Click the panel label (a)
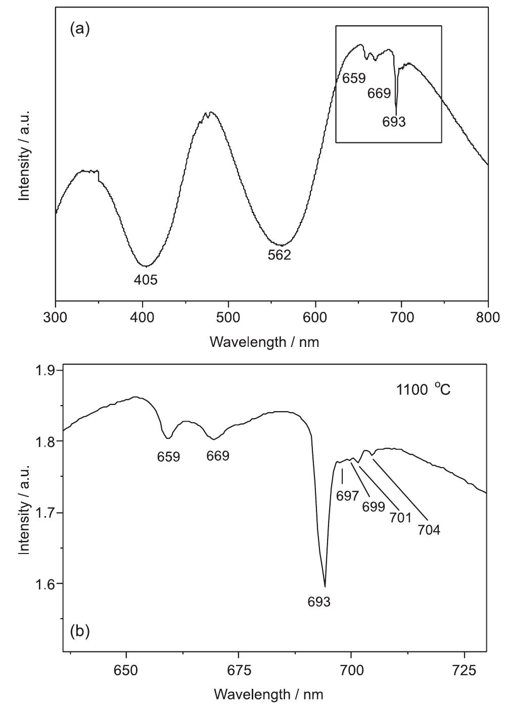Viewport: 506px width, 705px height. point(79,29)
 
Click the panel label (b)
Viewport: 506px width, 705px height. point(79,631)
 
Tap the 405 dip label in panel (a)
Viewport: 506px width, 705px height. point(146,280)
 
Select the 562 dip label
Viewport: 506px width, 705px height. point(280,255)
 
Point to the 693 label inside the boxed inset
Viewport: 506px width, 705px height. point(394,122)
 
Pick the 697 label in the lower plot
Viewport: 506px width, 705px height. point(347,496)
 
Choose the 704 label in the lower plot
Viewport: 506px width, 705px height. point(429,530)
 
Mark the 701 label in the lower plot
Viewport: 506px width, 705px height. point(400,518)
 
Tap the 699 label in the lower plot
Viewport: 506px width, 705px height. point(374,507)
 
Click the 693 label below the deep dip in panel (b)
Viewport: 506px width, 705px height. point(319,601)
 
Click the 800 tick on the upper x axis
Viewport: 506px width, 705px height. point(488,317)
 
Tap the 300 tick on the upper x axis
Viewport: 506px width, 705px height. point(56,317)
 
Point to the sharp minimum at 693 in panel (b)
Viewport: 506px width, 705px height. point(325,586)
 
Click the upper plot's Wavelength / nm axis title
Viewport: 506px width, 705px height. point(264,342)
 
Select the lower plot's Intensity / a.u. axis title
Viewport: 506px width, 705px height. point(24,509)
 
